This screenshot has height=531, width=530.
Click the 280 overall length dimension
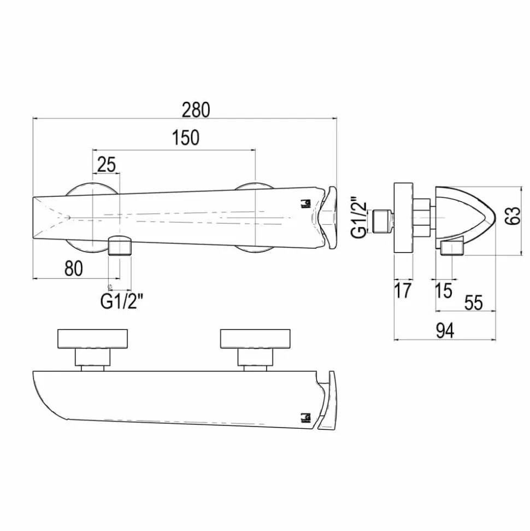point(196,110)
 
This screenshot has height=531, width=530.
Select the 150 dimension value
point(186,137)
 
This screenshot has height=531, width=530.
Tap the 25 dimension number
point(107,165)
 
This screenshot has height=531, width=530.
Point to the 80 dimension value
point(73,269)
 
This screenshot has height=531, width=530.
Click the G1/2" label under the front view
point(122,301)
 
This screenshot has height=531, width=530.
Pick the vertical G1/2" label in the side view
point(359,217)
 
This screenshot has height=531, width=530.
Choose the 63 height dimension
point(513,215)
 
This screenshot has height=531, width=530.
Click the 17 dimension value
point(403,290)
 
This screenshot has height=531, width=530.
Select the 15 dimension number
point(443,290)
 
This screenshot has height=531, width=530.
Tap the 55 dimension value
point(474,302)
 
